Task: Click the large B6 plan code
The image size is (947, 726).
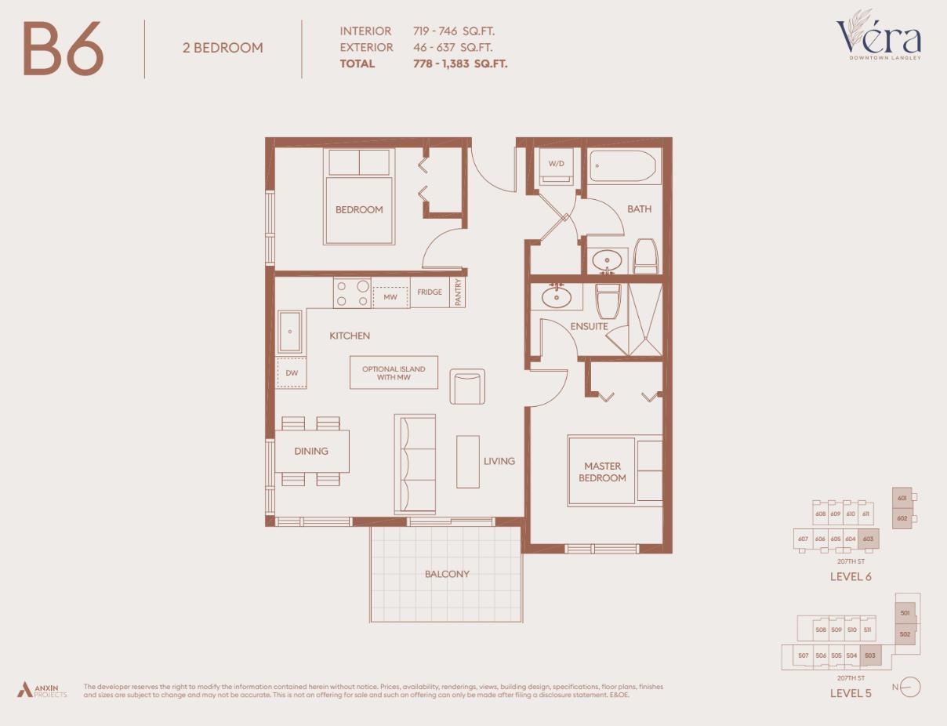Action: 63,49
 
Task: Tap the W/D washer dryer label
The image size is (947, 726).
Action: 556,164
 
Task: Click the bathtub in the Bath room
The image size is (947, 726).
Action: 625,167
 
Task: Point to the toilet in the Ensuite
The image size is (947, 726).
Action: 608,301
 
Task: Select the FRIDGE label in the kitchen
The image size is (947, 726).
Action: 429,292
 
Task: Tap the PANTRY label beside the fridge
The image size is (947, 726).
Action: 458,292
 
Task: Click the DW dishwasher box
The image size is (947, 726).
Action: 291,373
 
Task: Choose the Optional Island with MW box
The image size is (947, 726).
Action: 394,372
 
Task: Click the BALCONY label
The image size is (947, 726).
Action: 447,574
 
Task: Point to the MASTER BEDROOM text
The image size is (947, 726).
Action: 602,472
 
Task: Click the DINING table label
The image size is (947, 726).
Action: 311,451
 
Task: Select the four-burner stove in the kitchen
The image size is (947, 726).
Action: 352,293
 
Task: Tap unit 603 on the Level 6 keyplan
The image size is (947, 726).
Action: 868,539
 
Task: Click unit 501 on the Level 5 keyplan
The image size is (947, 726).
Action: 905,613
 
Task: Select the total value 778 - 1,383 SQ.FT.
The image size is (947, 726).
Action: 460,64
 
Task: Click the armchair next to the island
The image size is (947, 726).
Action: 467,387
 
